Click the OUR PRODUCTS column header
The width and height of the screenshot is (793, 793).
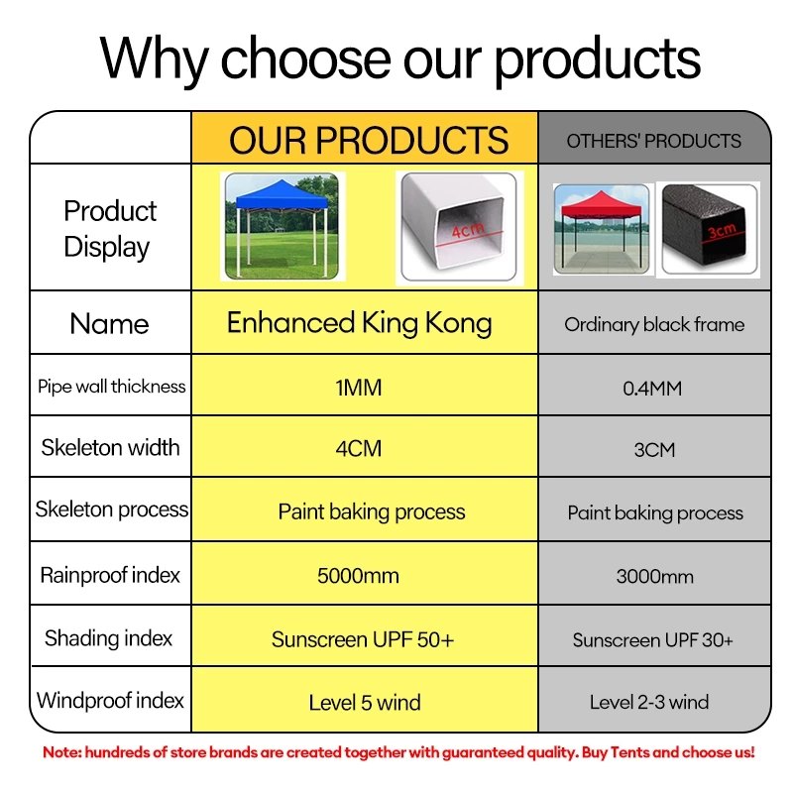[369, 140]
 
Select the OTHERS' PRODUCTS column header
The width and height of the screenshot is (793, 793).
[654, 141]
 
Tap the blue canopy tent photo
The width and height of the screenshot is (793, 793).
[283, 226]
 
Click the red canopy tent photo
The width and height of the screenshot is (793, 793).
[602, 229]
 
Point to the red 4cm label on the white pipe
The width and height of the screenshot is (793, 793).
[468, 230]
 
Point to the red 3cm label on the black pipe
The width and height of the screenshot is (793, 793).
[722, 231]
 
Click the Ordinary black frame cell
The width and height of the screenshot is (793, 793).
[654, 325]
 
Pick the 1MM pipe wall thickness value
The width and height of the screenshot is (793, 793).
[359, 388]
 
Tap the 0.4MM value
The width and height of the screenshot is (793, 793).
[652, 389]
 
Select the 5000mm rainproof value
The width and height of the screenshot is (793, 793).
[358, 576]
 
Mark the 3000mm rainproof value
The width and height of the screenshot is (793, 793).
[655, 577]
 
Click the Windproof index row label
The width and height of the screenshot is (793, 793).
[110, 701]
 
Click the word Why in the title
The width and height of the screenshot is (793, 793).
[155, 59]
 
